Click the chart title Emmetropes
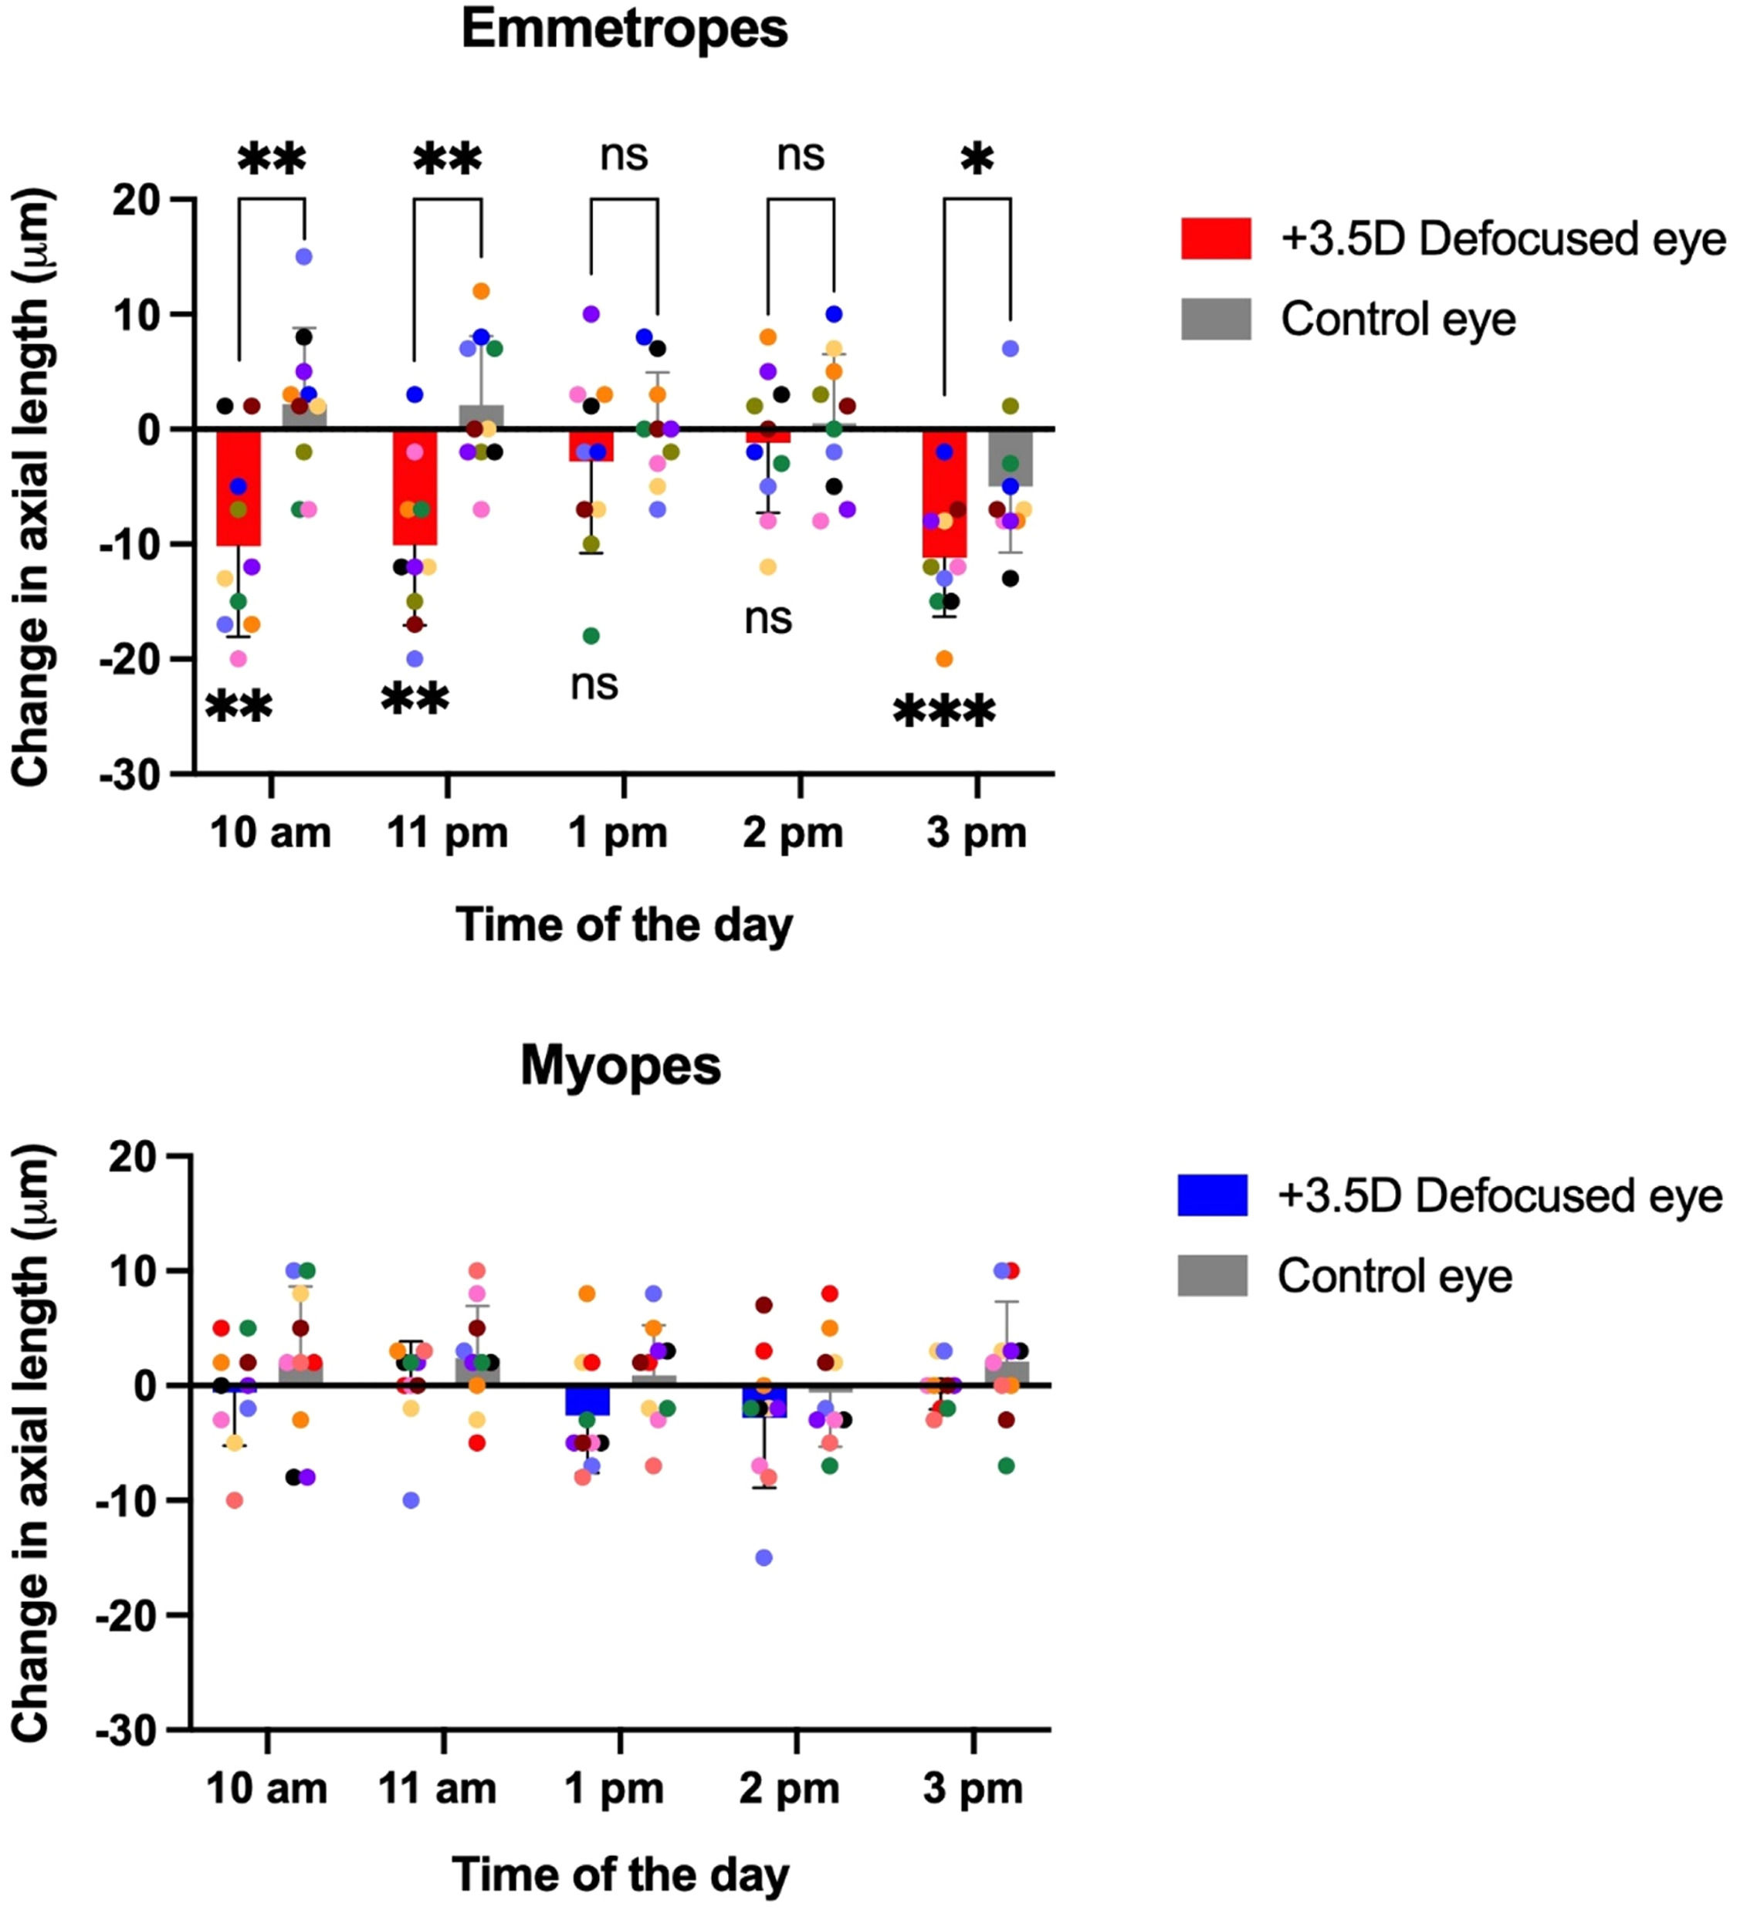[624, 29]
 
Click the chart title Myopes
[621, 1066]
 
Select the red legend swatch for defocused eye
[1216, 238]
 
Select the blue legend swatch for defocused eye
[1212, 1195]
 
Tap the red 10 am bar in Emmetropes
[239, 488]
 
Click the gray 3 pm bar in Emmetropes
[1011, 458]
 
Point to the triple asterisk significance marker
[944, 712]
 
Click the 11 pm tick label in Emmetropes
[447, 833]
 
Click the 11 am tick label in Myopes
[438, 1790]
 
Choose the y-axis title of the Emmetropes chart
[32, 487]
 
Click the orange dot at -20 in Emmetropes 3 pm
[945, 658]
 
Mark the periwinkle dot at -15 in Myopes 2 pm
[764, 1557]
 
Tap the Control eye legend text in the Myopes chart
[1394, 1276]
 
